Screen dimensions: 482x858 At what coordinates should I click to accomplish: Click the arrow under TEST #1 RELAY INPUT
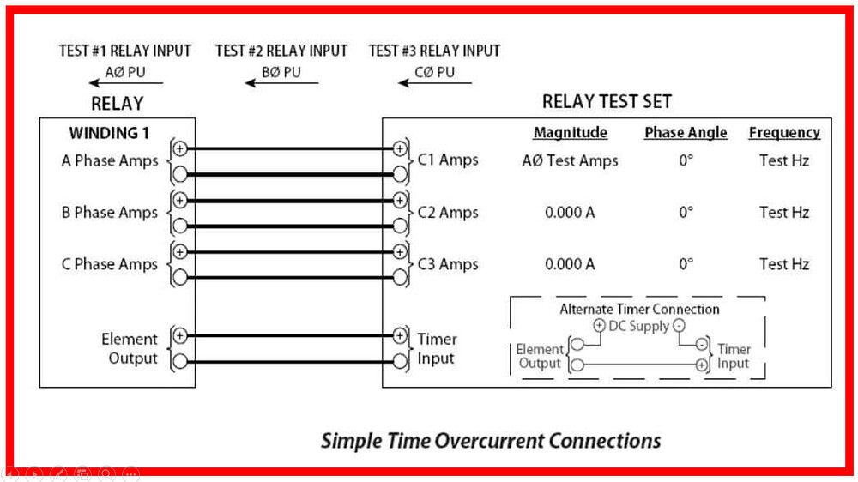pyautogui.click(x=125, y=83)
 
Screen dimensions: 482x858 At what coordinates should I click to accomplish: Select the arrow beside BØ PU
pyautogui.click(x=281, y=83)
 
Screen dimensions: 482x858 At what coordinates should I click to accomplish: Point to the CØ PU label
pyautogui.click(x=435, y=72)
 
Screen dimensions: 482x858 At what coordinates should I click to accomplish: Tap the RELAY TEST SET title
pyautogui.click(x=607, y=101)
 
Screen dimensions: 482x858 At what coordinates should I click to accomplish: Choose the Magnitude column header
pyautogui.click(x=570, y=132)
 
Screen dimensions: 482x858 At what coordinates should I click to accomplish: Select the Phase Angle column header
pyautogui.click(x=686, y=132)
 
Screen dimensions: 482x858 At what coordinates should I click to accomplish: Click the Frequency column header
pyautogui.click(x=784, y=132)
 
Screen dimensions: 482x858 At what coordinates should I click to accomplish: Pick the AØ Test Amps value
pyautogui.click(x=570, y=160)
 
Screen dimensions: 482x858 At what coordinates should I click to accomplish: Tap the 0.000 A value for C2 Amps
pyautogui.click(x=570, y=213)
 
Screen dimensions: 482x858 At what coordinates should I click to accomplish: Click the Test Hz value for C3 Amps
pyautogui.click(x=784, y=264)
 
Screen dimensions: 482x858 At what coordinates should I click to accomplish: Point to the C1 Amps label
pyautogui.click(x=448, y=160)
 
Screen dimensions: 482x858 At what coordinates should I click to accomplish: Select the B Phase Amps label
pyautogui.click(x=110, y=213)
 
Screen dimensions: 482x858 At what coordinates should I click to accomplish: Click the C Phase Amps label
pyautogui.click(x=110, y=264)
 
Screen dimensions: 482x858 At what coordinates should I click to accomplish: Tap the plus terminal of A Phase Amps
pyautogui.click(x=180, y=148)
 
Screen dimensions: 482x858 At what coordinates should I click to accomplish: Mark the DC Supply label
pyautogui.click(x=638, y=326)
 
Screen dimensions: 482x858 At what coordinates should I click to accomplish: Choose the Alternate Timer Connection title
pyautogui.click(x=639, y=309)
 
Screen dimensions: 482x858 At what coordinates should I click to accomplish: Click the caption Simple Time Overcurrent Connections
pyautogui.click(x=491, y=441)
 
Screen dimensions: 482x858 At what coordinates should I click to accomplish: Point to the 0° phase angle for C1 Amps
pyautogui.click(x=686, y=160)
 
